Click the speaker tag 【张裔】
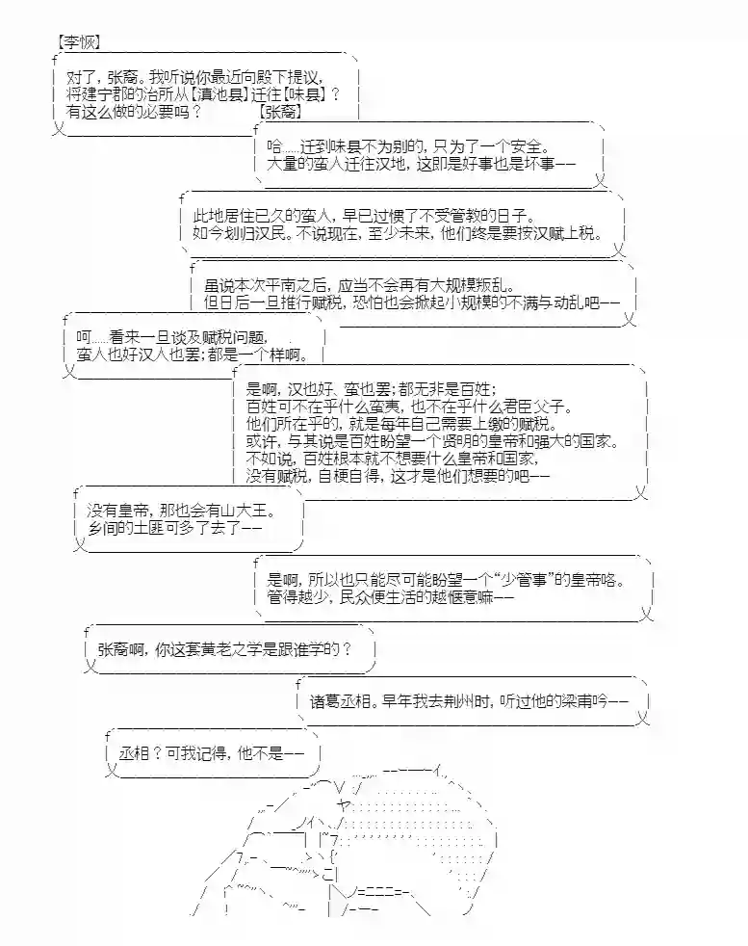click(x=280, y=113)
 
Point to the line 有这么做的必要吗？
click(x=134, y=113)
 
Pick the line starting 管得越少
click(x=386, y=598)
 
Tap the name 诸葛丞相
click(x=343, y=700)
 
